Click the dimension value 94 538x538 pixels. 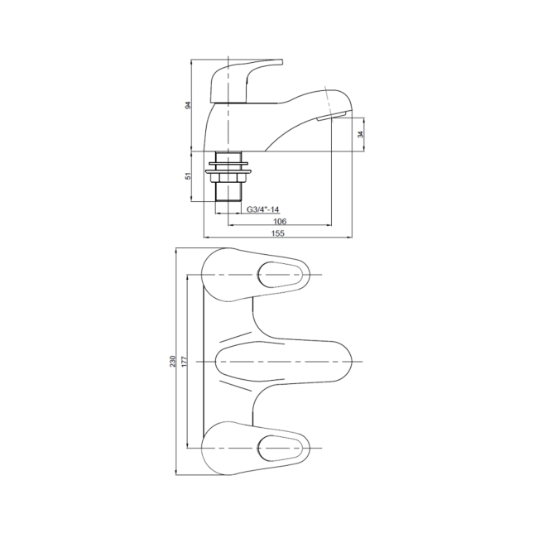(188, 105)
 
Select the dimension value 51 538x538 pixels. (188, 176)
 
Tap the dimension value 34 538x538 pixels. (358, 134)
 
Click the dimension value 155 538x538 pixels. (278, 234)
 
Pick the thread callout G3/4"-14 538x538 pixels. (264, 209)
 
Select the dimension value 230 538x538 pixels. (172, 363)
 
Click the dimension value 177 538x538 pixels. (185, 363)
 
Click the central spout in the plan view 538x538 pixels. (281, 363)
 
